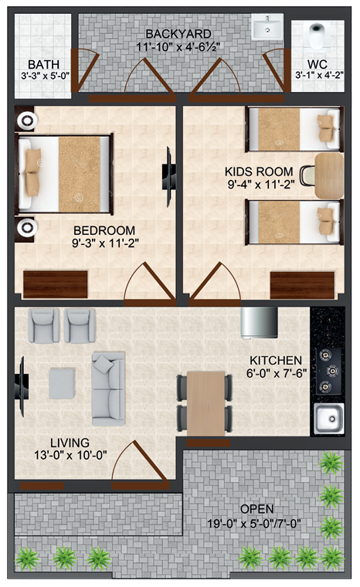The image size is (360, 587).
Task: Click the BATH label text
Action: click(38, 64)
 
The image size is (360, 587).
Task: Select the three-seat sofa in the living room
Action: click(107, 389)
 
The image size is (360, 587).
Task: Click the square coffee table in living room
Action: click(62, 383)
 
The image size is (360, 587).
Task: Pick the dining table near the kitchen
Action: click(205, 402)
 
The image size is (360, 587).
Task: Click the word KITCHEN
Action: click(275, 360)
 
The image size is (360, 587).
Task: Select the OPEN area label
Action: click(256, 509)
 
